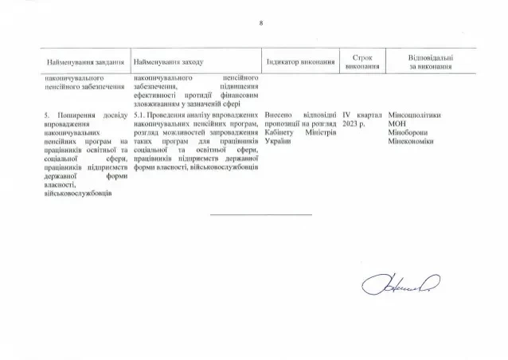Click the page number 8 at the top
(261, 22)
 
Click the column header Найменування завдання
(85, 62)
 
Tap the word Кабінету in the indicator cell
(279, 134)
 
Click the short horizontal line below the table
(261, 214)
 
